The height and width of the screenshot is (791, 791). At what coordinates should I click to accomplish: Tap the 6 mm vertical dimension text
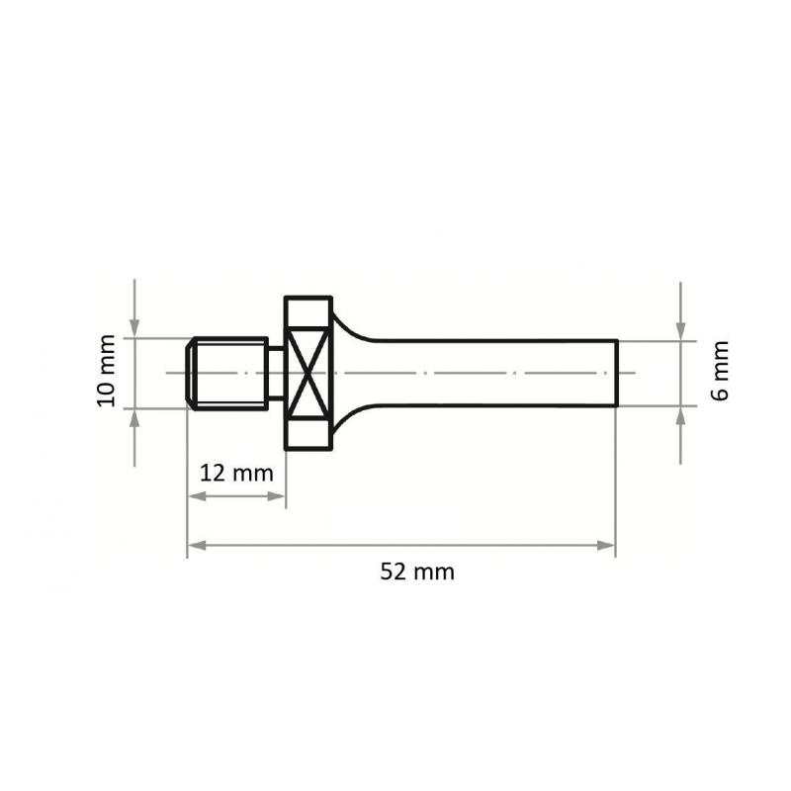tap(721, 372)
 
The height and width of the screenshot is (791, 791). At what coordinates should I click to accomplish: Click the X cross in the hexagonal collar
tap(308, 373)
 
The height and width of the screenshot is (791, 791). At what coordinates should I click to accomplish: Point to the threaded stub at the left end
tap(227, 373)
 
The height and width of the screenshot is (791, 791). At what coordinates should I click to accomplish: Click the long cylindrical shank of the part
tap(494, 373)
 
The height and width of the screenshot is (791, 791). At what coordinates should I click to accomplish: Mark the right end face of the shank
tap(616, 373)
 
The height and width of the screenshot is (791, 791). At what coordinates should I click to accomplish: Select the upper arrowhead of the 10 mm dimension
tap(135, 330)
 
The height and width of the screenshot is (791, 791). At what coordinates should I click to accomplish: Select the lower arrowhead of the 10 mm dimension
tap(135, 414)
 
